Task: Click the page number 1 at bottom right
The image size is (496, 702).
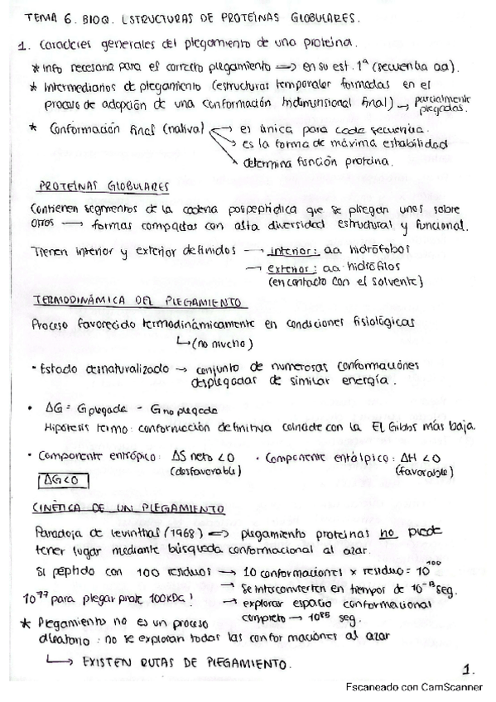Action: (x=468, y=667)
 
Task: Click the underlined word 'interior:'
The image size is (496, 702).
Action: (x=289, y=251)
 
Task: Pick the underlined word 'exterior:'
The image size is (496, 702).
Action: (x=289, y=268)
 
